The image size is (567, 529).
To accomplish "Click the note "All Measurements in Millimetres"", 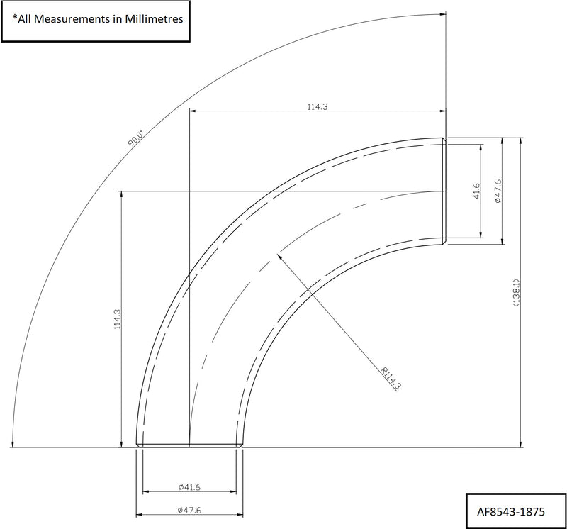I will (97, 19).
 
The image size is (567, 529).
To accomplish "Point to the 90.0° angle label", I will (135, 137).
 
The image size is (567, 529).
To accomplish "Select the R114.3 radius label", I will (391, 378).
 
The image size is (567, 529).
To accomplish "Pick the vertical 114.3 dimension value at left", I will (118, 318).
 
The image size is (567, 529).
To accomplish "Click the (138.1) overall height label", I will (517, 292).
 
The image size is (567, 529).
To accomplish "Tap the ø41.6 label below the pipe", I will (190, 486).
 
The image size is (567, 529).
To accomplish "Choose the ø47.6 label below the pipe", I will (190, 510).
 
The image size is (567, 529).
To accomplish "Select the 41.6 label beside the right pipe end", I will (476, 191).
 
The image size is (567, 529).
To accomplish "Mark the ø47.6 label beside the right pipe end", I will (498, 191).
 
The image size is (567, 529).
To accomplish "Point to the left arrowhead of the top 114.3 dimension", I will (193, 111).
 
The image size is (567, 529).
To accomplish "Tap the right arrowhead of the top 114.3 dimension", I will (442, 111).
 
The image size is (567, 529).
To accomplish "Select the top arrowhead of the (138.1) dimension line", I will (522, 140).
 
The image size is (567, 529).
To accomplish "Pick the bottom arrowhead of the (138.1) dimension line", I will (522, 445).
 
